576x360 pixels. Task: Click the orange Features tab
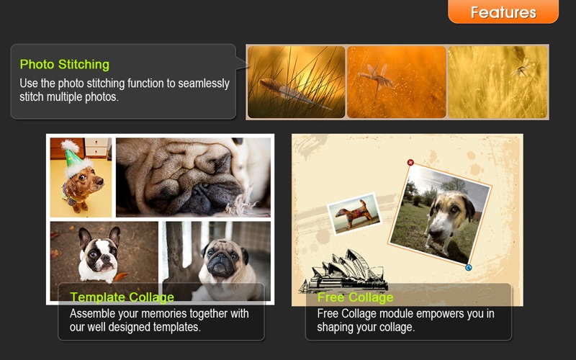coord(503,12)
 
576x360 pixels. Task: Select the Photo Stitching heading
coord(65,65)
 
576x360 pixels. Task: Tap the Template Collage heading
coord(122,297)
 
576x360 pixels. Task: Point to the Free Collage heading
coord(355,297)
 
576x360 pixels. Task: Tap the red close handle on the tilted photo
coord(410,163)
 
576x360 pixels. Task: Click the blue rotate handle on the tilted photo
coord(469,268)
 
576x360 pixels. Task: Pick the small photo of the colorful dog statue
coord(354,213)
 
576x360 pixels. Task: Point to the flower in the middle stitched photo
coord(377,78)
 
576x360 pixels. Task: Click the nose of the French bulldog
coord(106,257)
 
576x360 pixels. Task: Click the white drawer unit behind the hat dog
coord(97,147)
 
